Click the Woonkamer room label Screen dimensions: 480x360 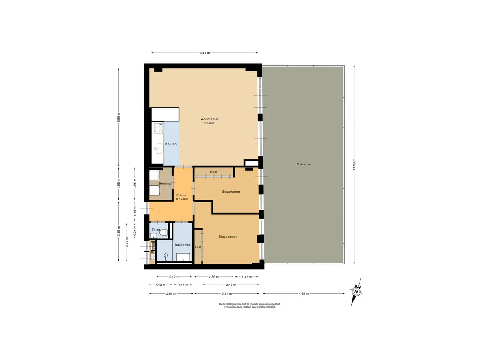coord(210,119)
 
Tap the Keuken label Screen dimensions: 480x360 coord(171,144)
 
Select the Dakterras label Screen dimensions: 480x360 coord(304,165)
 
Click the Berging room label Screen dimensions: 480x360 coord(165,183)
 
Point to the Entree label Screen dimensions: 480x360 coord(181,195)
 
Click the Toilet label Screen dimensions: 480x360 coord(156,230)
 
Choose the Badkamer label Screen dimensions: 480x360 coord(182,245)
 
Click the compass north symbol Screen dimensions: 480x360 coord(356,292)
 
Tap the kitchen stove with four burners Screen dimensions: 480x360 coord(158,128)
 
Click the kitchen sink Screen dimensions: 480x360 coord(158,149)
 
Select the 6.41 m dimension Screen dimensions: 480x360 coord(204,53)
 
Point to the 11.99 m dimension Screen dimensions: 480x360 coord(354,165)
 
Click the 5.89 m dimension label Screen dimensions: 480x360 coord(119,118)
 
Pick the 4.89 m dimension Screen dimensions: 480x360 coord(303,293)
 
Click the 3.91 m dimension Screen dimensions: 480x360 coord(226,293)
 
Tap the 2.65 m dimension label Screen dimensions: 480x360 coord(171,293)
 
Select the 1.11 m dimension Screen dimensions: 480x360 coord(183,285)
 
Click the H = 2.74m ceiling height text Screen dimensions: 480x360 coord(208,123)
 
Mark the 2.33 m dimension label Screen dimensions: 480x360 coord(127,242)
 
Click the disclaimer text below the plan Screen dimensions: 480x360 coord(250,305)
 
